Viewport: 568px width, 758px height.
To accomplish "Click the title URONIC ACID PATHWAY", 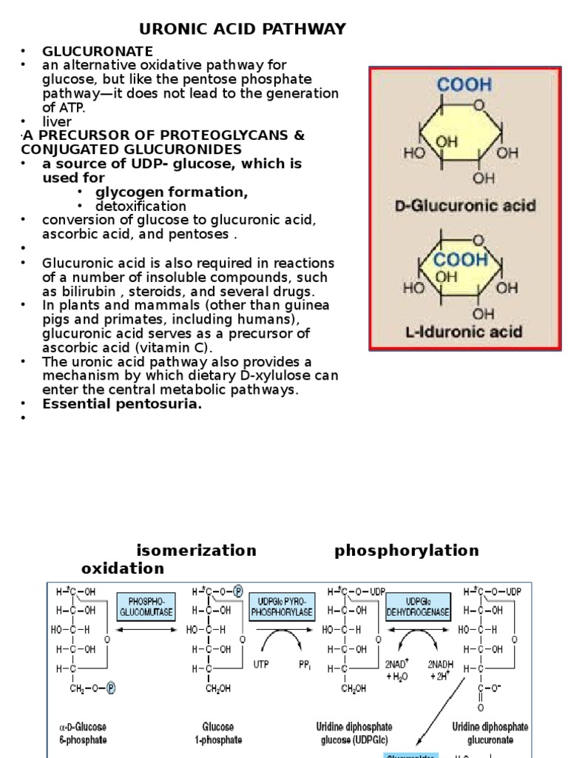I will (x=243, y=29).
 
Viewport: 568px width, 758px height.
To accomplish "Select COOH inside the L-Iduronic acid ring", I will (x=461, y=261).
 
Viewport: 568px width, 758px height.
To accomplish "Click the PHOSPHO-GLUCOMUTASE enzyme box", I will (x=146, y=606).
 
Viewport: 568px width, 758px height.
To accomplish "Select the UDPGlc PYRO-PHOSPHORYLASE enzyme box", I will (x=282, y=606).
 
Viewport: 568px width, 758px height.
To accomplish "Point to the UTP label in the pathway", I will (x=261, y=665).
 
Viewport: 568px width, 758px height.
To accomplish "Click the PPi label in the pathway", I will (x=305, y=665).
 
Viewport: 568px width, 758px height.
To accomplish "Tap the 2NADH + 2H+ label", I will (x=441, y=671).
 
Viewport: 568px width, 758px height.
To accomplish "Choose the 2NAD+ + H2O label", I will (x=397, y=671).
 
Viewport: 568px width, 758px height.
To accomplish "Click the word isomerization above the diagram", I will (x=196, y=551).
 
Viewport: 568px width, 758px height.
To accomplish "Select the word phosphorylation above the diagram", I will (x=407, y=551).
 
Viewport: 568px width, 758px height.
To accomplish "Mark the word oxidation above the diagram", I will (x=123, y=568).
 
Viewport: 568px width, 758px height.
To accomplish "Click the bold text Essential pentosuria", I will (x=122, y=403).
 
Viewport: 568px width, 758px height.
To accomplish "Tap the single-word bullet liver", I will (x=57, y=121).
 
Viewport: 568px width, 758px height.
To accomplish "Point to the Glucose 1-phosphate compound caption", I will (x=218, y=734).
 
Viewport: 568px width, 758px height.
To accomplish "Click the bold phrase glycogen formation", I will (x=172, y=192).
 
